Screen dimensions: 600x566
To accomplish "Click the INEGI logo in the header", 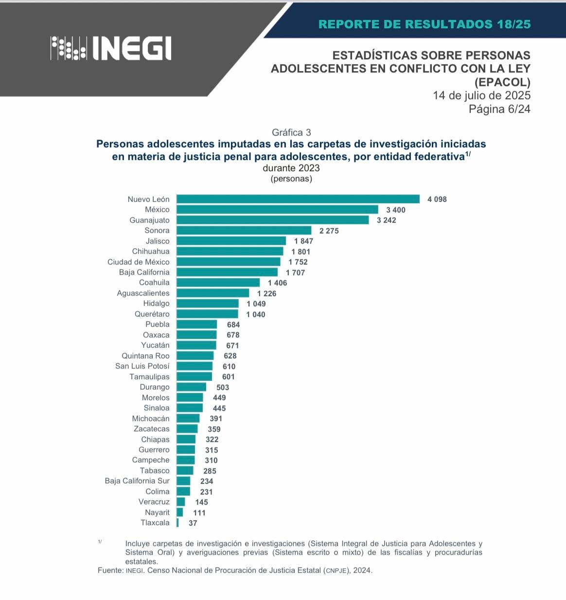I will [111, 48].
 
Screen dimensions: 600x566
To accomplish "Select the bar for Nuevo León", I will [298, 199].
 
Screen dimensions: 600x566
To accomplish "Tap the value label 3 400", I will [395, 210].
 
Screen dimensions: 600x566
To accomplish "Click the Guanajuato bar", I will [272, 220].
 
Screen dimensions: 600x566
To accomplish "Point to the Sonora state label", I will [157, 230].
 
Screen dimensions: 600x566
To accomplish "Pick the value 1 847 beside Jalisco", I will [303, 241].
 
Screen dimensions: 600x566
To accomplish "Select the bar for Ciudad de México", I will [228, 262].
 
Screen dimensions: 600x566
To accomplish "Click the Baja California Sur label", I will [137, 481].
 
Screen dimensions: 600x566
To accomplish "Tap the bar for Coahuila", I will [218, 282].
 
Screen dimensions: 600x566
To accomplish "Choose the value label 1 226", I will [266, 293].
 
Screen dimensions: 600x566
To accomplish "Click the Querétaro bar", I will [207, 314].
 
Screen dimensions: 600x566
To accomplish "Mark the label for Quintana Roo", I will [145, 356].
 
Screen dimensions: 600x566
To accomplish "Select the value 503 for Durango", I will [223, 388].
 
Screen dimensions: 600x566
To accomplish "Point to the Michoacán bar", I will [188, 419].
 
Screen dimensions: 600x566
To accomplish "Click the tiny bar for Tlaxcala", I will [177, 523].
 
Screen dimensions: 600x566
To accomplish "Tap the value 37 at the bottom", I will [193, 523].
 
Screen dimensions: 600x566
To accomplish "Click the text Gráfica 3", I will [291, 132].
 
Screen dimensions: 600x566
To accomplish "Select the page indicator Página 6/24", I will [499, 109].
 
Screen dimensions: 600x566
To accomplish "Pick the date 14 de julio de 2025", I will [481, 95].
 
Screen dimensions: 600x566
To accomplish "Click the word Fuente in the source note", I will [110, 570].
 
